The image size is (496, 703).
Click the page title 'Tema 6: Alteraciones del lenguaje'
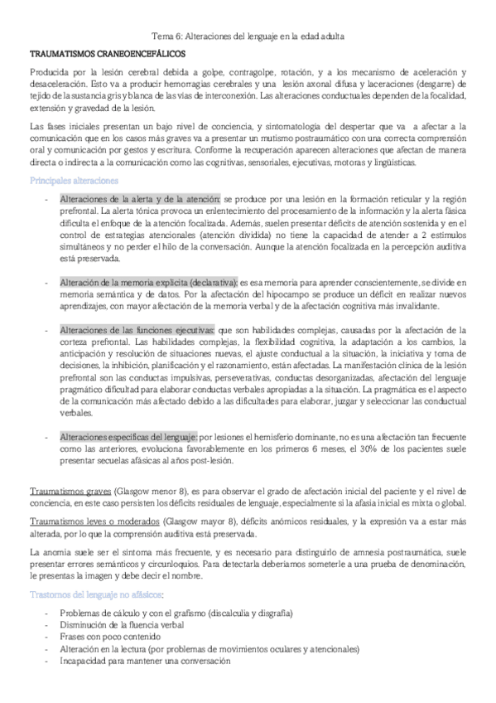tap(248, 36)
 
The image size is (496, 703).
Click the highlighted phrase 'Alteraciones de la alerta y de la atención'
tap(140, 200)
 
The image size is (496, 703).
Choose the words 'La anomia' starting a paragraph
tap(49, 551)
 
